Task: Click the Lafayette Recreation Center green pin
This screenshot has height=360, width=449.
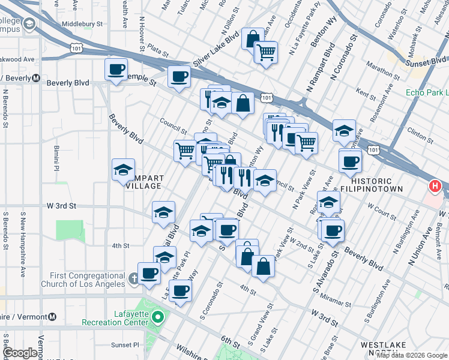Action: click(x=158, y=316)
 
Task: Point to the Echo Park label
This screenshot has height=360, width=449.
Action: click(x=427, y=92)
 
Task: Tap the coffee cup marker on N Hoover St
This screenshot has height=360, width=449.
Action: click(x=116, y=69)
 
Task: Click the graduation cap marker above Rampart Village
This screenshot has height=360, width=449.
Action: click(x=123, y=170)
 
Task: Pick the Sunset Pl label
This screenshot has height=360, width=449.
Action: click(x=124, y=346)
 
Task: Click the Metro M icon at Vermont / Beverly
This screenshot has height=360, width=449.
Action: click(x=36, y=77)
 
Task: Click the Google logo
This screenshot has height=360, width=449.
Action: click(x=20, y=353)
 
